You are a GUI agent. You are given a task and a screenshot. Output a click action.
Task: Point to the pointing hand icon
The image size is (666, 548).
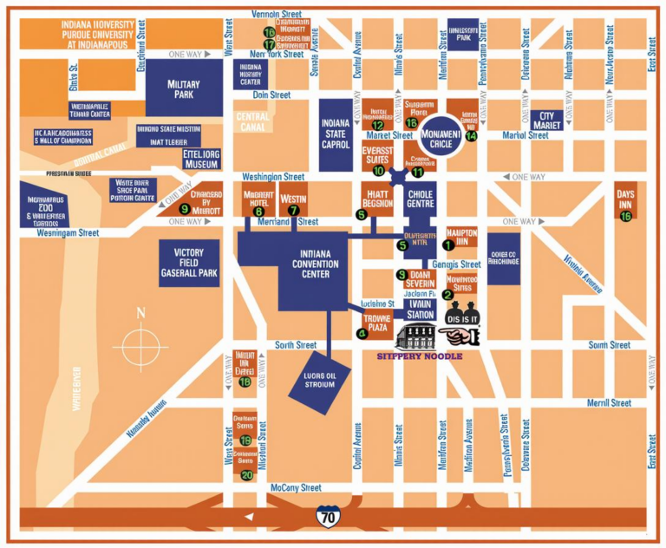pyautogui.click(x=458, y=335)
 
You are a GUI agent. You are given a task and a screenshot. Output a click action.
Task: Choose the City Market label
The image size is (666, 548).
pyautogui.click(x=546, y=121)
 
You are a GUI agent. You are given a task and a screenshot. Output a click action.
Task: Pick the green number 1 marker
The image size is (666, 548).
pyautogui.click(x=447, y=245)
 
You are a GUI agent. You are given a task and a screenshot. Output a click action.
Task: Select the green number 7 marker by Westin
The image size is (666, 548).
pyautogui.click(x=293, y=210)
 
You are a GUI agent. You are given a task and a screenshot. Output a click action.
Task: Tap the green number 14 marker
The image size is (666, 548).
pyautogui.click(x=471, y=135)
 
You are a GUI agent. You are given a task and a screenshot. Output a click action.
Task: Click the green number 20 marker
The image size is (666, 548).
pyautogui.click(x=246, y=474)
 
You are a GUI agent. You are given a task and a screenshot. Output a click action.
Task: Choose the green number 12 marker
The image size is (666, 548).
pyautogui.click(x=377, y=125)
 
